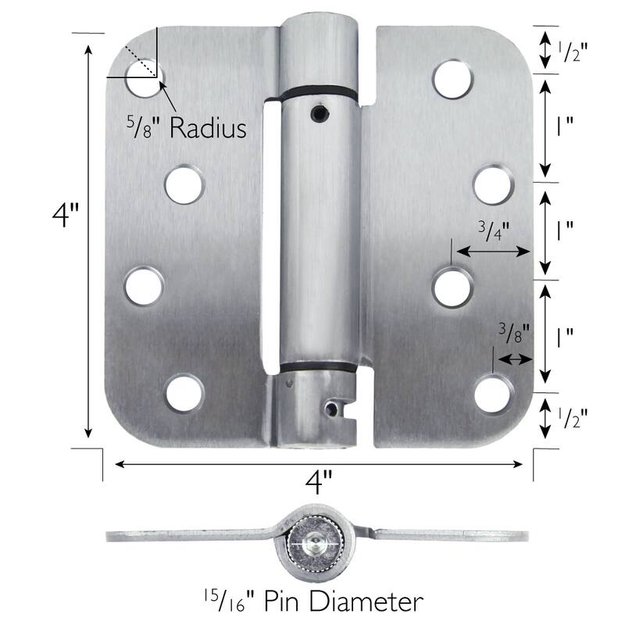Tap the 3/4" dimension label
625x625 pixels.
pos(493,230)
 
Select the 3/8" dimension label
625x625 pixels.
pos(514,333)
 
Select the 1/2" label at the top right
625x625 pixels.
pos(572,52)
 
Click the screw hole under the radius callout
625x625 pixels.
pos(142,80)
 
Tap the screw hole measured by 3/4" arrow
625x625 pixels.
pos(452,287)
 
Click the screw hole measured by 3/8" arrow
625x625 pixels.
pos(493,393)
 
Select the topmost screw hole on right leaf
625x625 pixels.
pos(452,79)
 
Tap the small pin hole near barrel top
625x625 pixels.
pos(316,114)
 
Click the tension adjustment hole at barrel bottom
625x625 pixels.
pos(334,408)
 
